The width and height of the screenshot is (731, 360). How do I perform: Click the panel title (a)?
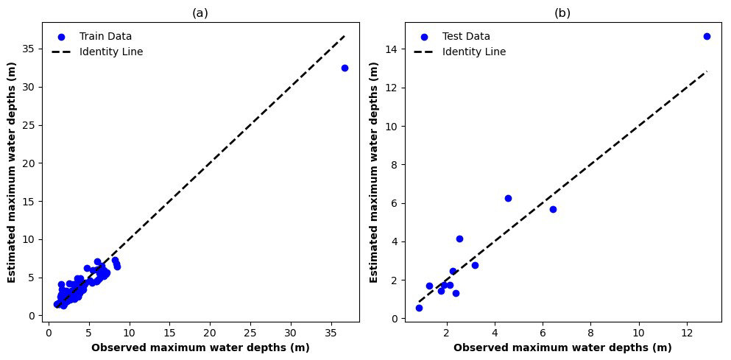coord(200,13)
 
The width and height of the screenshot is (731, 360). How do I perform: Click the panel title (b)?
coord(562,13)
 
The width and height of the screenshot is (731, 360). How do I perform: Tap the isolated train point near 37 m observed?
coord(345,68)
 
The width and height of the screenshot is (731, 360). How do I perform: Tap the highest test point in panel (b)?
coord(707,36)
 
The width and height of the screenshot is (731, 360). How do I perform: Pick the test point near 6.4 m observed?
coord(553,209)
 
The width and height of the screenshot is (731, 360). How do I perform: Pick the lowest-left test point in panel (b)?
coord(419,308)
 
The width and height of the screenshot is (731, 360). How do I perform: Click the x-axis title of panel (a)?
coord(200,347)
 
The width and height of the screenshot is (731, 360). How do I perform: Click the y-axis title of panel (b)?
coord(374,173)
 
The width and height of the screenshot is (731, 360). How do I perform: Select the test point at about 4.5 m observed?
coord(508,198)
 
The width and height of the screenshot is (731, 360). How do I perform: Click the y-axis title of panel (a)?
coord(12,173)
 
